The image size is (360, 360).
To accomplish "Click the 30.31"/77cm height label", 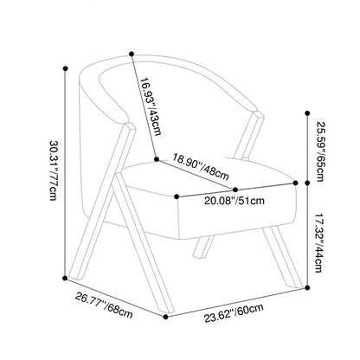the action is [54, 170].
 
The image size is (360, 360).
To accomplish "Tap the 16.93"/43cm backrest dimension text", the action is [151, 106].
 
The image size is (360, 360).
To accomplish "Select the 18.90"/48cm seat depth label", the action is [201, 166].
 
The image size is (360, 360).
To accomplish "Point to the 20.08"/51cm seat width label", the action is [235, 201].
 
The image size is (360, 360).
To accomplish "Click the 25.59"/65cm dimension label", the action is [320, 151].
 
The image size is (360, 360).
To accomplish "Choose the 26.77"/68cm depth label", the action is [104, 305].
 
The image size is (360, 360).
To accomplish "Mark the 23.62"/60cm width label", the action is [234, 312].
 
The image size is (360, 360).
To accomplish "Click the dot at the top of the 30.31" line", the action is [66, 68].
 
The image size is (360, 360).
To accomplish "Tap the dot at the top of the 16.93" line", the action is [132, 54].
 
